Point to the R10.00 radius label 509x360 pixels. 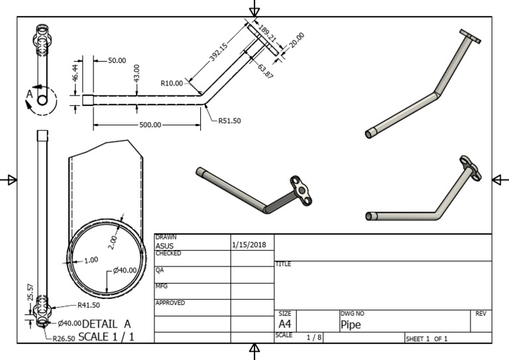(172, 84)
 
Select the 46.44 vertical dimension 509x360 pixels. (76, 73)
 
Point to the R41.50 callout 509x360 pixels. (88, 306)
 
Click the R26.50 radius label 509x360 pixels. (65, 337)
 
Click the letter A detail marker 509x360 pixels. (29, 95)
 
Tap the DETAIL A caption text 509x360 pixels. (107, 324)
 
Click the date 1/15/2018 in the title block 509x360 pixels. (250, 245)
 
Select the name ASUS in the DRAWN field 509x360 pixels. (164, 246)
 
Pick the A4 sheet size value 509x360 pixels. (285, 324)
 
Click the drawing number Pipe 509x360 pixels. (351, 325)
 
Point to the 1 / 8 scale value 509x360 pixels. (315, 337)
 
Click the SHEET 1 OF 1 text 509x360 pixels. (427, 339)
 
